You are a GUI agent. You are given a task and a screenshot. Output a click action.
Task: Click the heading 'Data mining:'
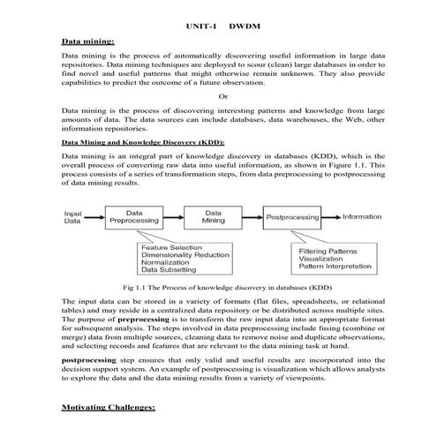[88, 41]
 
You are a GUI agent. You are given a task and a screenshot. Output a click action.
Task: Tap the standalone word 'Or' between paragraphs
[222, 96]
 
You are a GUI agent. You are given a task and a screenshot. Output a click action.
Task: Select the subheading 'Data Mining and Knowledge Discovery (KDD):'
[143, 141]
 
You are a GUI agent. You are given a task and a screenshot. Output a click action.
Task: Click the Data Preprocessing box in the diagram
[134, 217]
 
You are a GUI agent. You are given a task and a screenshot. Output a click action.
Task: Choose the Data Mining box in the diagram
[213, 217]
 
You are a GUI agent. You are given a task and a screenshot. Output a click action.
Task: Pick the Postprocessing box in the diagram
[292, 216]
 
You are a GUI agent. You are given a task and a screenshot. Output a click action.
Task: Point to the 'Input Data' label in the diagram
[73, 217]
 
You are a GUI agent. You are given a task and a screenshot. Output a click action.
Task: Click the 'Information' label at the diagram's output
[362, 216]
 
